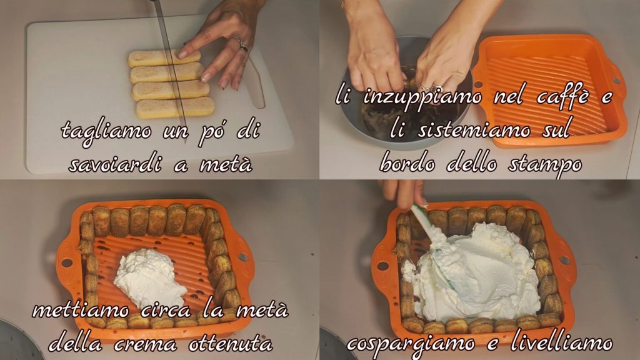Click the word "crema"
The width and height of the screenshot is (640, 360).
point(145,344)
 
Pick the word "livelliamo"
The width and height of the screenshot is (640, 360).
point(562,343)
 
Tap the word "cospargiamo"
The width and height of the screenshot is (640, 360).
point(411,345)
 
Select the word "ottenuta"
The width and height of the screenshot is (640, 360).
point(231,344)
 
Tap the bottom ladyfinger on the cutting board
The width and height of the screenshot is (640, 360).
point(176,108)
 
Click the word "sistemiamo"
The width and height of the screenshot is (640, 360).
point(474,131)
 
